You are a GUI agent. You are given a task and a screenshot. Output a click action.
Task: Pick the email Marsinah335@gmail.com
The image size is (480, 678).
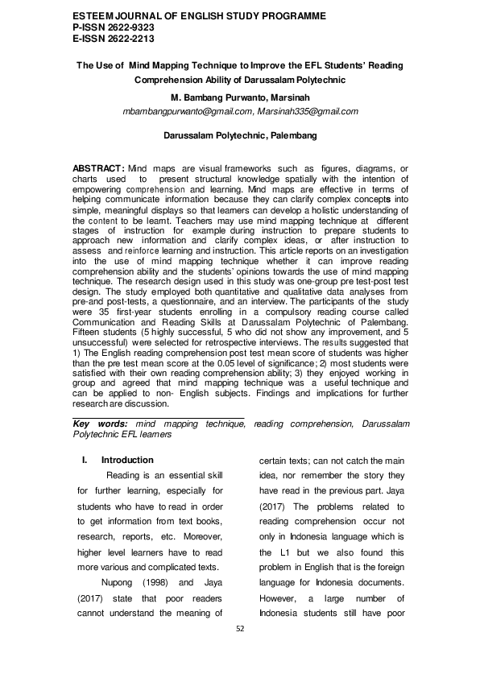click(304, 112)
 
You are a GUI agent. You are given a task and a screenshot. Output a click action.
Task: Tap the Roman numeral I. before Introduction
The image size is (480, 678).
click(85, 460)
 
